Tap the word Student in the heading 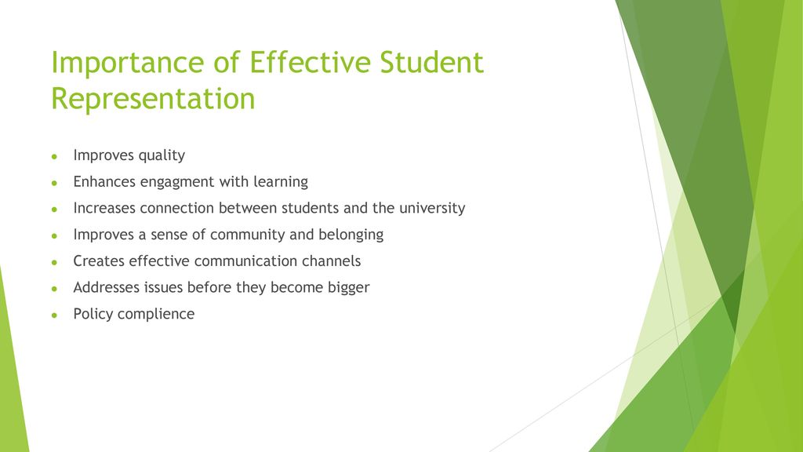(432, 62)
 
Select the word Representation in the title (153, 100)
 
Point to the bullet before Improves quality (54, 156)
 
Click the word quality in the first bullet (162, 156)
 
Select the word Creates (99, 261)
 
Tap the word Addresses (107, 287)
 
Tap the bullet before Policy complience (54, 315)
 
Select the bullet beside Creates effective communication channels (54, 262)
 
